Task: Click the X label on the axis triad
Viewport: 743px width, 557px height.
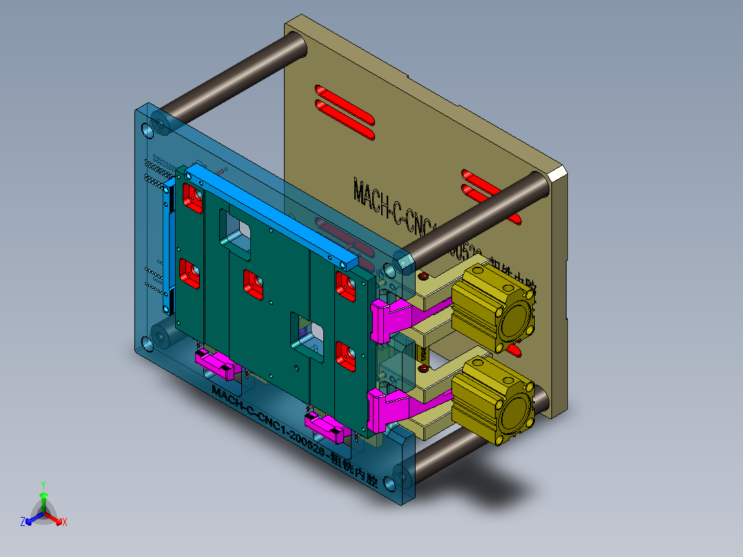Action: click(65, 522)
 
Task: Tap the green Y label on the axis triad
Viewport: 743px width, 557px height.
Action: click(43, 484)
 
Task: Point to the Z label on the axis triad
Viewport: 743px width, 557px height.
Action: click(23, 522)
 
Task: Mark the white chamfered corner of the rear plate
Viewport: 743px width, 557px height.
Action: click(558, 173)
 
